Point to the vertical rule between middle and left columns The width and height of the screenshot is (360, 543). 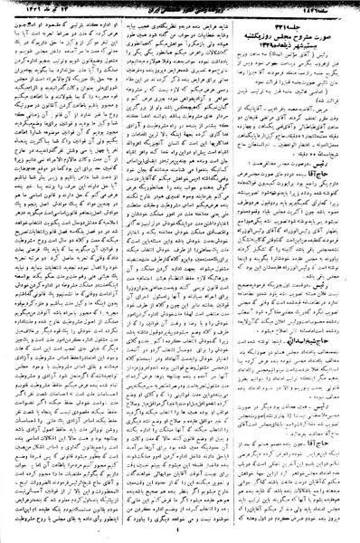[x=126, y=271]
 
